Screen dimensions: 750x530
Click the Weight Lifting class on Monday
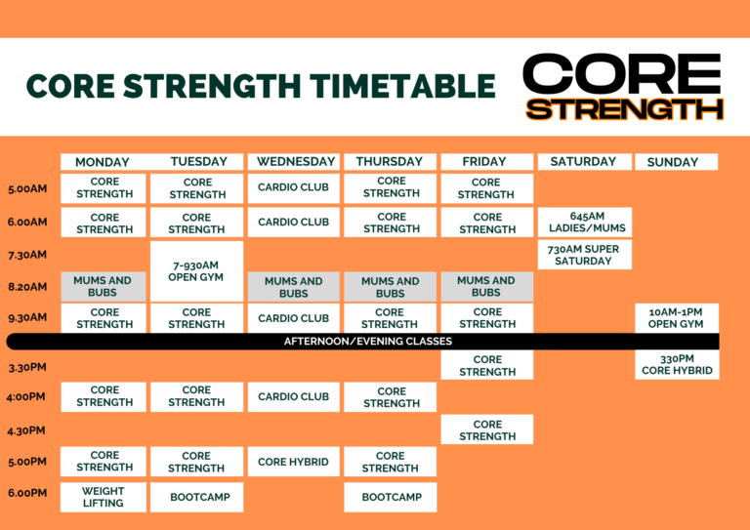click(104, 497)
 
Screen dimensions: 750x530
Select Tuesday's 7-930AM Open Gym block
click(196, 271)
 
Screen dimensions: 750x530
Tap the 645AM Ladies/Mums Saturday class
click(585, 223)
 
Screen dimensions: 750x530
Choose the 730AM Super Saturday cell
click(585, 255)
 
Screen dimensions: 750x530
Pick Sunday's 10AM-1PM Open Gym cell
click(677, 318)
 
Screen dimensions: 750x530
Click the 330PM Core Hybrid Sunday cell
click(677, 365)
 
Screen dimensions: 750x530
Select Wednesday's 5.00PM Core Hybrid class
click(294, 462)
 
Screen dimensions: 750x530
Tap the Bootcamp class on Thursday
click(391, 497)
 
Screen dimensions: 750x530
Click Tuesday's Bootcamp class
click(196, 497)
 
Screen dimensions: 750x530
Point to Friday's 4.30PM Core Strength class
click(487, 429)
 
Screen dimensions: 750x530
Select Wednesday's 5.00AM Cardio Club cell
click(294, 187)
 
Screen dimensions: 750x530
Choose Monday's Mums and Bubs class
click(104, 287)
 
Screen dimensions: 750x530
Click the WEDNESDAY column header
click(296, 161)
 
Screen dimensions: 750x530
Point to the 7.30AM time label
click(27, 255)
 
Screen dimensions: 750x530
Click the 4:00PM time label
click(25, 396)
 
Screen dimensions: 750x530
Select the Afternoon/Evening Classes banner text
click(368, 342)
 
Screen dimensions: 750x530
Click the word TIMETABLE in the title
click(402, 86)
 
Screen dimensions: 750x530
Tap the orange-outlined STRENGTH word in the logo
click(624, 109)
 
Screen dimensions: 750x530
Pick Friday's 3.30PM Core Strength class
click(487, 365)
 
